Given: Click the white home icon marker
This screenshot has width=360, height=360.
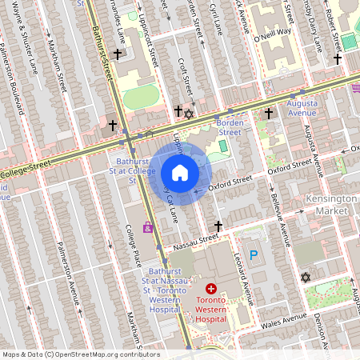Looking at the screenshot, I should pos(180,173).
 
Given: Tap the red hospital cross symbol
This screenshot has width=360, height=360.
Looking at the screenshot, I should pos(211,288).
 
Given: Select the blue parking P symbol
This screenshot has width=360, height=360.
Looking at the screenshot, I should pos(254,255).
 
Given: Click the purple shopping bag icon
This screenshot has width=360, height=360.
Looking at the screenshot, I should pos(147,227).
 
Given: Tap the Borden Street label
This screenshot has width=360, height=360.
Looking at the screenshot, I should pos(230,127).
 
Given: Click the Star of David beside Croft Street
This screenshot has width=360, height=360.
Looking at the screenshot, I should pos(189,114).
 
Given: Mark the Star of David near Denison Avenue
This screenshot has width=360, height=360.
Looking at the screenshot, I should pos(304,277).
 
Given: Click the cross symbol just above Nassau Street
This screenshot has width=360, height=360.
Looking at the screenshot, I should pos(218,226).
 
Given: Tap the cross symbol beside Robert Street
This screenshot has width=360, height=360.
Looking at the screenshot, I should pos(338,58).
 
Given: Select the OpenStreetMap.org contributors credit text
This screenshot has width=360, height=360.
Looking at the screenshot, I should pos(104,354).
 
